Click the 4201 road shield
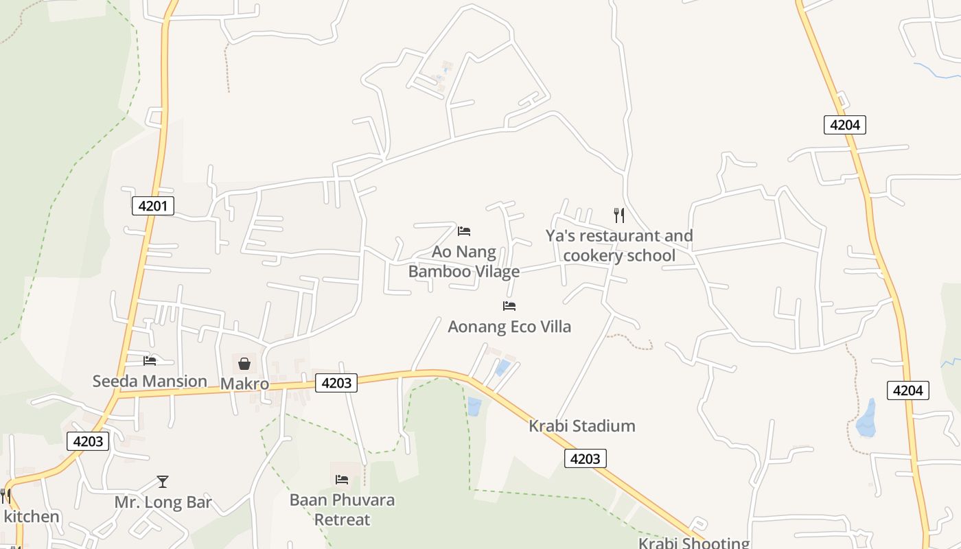click(x=152, y=205)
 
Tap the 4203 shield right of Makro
click(x=336, y=382)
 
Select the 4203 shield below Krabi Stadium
click(x=586, y=458)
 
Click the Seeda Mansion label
click(x=150, y=381)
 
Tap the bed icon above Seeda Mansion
click(x=150, y=361)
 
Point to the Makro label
click(x=244, y=384)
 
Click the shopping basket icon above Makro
click(x=244, y=364)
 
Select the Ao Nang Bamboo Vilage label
click(x=464, y=261)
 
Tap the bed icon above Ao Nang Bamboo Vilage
click(x=464, y=231)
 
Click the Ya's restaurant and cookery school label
click(x=619, y=246)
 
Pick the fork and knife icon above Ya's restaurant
click(x=619, y=215)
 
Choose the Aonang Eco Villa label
click(x=509, y=327)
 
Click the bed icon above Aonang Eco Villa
click(x=509, y=306)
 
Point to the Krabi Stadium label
click(x=582, y=426)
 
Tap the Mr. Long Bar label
click(x=163, y=502)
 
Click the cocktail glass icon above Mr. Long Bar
click(x=163, y=482)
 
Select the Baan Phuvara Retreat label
click(x=342, y=509)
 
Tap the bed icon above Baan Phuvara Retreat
click(x=342, y=479)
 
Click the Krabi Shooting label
click(x=694, y=543)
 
